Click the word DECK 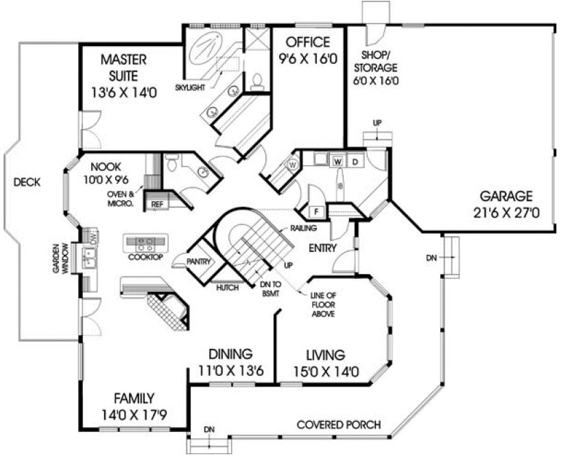(26, 183)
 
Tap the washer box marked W (338, 161)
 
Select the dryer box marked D (356, 161)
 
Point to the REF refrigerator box (157, 204)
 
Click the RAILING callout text (302, 227)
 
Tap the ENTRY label (322, 248)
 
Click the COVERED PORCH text (338, 424)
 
